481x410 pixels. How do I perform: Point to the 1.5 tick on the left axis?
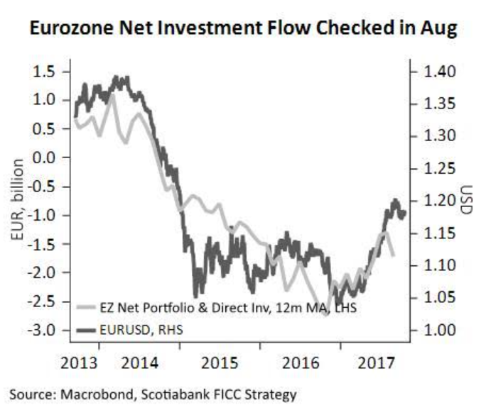click(x=47, y=72)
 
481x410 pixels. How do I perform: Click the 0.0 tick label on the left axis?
click(x=47, y=157)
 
